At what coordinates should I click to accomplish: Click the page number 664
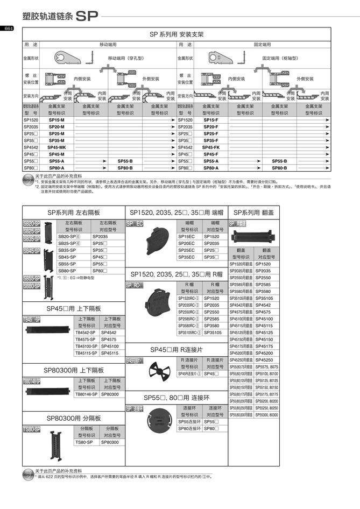[9, 29]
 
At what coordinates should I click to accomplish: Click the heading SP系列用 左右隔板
[74, 213]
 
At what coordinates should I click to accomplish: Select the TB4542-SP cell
[86, 333]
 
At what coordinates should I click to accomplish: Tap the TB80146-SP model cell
[86, 394]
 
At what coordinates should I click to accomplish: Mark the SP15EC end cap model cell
[189, 236]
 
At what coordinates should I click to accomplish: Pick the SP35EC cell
[189, 257]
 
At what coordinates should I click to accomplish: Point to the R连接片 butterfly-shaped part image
[157, 371]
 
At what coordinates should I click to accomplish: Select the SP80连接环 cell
[189, 429]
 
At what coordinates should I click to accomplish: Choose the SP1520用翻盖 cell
[241, 264]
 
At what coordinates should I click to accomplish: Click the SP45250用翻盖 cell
[241, 359]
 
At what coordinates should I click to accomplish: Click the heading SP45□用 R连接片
[177, 349]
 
